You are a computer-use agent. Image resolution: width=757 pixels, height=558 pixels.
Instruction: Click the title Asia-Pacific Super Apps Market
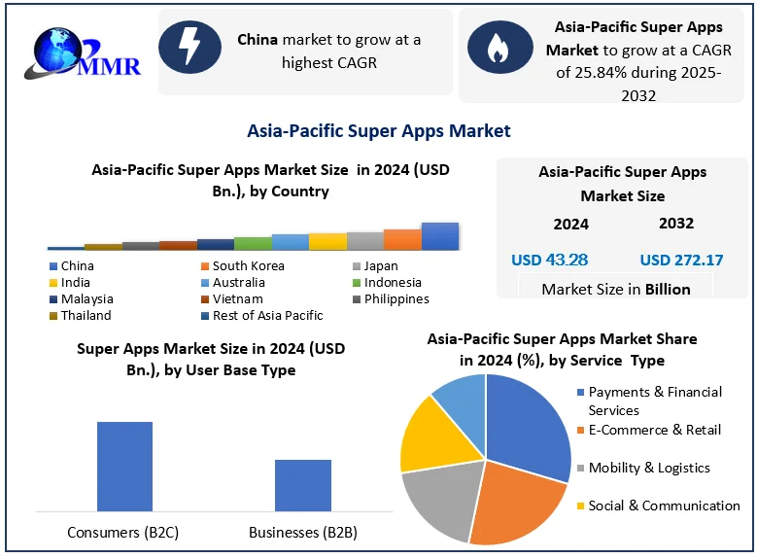[379, 130]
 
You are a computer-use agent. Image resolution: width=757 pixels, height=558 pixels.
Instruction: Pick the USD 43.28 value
[550, 260]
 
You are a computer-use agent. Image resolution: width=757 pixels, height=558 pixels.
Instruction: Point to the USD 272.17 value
[681, 260]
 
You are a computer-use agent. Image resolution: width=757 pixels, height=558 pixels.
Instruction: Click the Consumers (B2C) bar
[124, 466]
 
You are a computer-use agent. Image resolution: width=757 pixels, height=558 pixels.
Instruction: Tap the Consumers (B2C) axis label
[123, 532]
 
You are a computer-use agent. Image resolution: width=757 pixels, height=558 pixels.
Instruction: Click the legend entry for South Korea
[248, 265]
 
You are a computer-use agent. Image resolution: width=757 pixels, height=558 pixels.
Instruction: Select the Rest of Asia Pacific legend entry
[267, 315]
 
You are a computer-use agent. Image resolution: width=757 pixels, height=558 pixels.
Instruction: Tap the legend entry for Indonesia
[393, 282]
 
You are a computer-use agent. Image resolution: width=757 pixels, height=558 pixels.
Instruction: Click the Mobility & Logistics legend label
[649, 468]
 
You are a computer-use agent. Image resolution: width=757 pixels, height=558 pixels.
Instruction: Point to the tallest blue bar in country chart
[439, 236]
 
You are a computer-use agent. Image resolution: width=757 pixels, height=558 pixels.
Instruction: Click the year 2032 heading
[675, 223]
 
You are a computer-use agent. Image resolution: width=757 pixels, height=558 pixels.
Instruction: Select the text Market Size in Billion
[616, 289]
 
